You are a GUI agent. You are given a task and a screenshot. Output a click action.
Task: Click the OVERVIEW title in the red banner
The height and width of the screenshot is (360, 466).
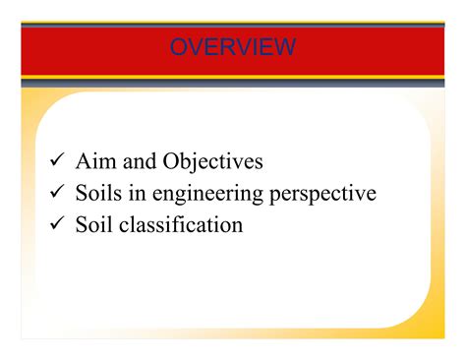pos(232,46)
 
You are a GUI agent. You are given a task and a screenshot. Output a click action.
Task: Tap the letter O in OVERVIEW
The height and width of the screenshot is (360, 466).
pos(179,46)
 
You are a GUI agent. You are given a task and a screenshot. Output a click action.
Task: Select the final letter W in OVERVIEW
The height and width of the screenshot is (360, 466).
pos(284,46)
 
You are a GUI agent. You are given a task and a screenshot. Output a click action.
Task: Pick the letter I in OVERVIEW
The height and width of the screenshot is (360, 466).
pos(252,46)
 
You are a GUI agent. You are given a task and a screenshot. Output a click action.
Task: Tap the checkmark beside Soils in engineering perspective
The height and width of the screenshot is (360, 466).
pos(57,193)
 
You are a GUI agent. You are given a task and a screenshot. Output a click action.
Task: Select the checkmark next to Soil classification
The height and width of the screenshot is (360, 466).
pos(57,225)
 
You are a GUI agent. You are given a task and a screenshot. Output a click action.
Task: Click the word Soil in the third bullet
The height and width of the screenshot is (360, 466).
pos(93,225)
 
